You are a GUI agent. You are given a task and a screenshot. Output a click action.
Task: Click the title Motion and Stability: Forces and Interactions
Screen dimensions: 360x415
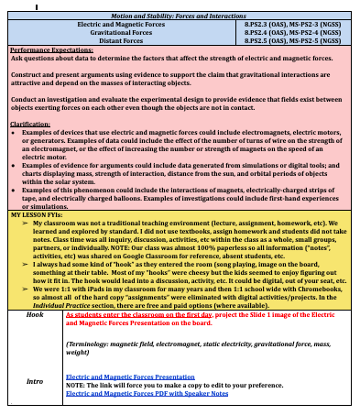[x=180, y=16]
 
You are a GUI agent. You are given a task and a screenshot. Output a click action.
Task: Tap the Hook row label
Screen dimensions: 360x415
[x=36, y=313]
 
